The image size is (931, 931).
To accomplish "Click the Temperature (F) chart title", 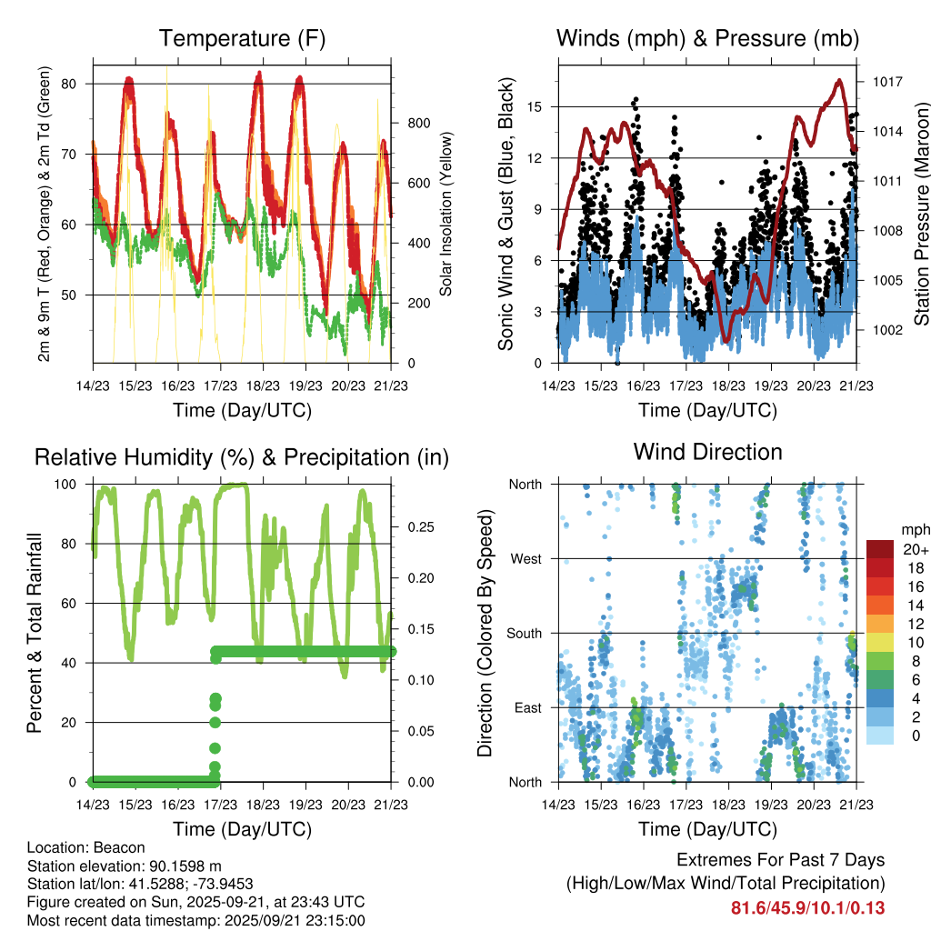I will [242, 38].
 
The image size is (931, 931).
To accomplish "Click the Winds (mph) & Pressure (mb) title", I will [707, 38].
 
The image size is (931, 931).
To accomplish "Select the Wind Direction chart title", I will [707, 452].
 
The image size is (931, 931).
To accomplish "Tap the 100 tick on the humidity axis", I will [69, 485].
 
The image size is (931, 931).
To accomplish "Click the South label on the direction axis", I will [523, 634].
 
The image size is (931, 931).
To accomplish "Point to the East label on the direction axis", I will [526, 708].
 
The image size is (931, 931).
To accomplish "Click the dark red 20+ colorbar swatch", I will [881, 549].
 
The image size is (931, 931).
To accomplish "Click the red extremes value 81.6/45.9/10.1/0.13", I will [808, 907].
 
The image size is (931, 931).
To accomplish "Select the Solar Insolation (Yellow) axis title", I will [446, 215].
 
